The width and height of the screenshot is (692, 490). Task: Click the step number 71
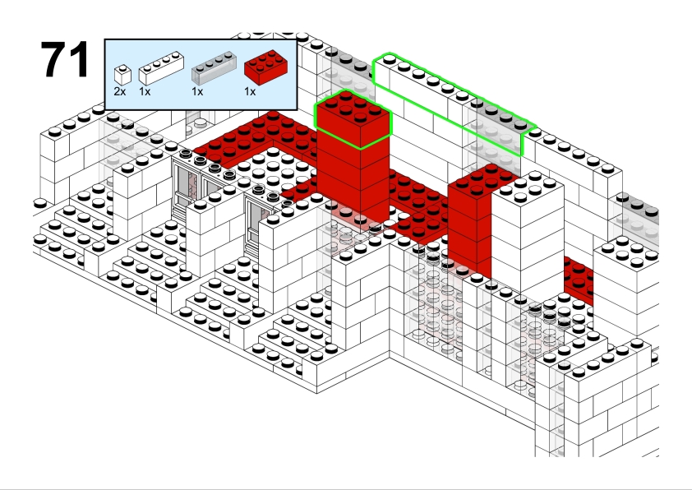[x=65, y=58]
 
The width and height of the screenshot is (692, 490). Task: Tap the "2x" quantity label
[x=120, y=91]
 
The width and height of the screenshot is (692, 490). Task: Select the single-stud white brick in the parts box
[x=122, y=75]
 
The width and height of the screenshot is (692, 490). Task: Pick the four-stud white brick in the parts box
[x=162, y=68]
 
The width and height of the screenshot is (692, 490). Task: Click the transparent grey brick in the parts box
[x=214, y=68]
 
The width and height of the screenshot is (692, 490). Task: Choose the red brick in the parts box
[x=266, y=67]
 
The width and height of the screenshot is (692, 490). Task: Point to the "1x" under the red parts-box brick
[x=250, y=91]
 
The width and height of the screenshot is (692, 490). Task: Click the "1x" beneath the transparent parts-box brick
[x=197, y=91]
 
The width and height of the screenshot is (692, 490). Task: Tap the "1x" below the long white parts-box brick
[x=145, y=91]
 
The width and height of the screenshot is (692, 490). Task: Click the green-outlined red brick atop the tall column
[x=353, y=119]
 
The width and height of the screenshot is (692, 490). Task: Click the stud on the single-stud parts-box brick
[x=122, y=68]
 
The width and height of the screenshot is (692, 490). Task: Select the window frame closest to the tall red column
[x=257, y=220]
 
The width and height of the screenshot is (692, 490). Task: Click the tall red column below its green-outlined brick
[x=353, y=181]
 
